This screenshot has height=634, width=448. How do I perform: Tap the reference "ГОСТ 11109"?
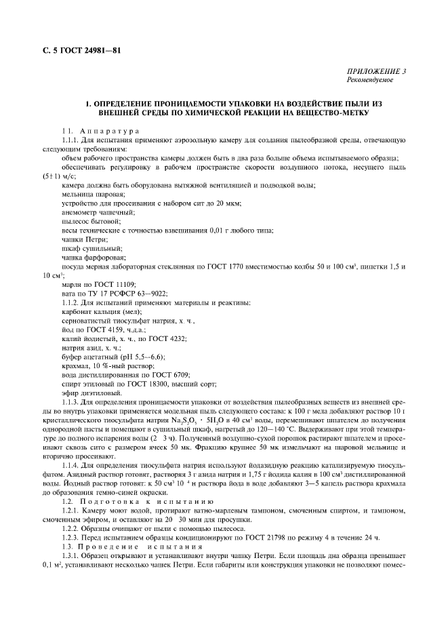(x=108, y=286)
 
